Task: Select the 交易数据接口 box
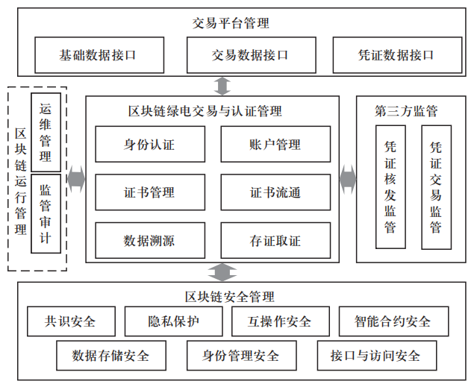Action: click(x=249, y=54)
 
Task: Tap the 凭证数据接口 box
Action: click(x=396, y=54)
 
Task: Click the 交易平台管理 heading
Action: click(x=231, y=22)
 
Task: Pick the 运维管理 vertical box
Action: click(x=46, y=132)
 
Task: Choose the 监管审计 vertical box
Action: click(x=46, y=214)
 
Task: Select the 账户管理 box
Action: click(x=275, y=145)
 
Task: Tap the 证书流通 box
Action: click(x=275, y=192)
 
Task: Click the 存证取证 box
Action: click(x=275, y=240)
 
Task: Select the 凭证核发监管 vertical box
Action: click(x=390, y=187)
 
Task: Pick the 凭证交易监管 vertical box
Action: click(x=436, y=187)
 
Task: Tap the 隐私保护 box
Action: click(x=174, y=321)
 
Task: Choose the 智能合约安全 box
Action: click(x=393, y=321)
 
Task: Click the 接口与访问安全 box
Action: click(x=375, y=355)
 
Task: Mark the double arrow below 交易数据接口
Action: click(x=222, y=86)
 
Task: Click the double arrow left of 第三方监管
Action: click(x=347, y=179)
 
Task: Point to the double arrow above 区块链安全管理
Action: click(x=222, y=271)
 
